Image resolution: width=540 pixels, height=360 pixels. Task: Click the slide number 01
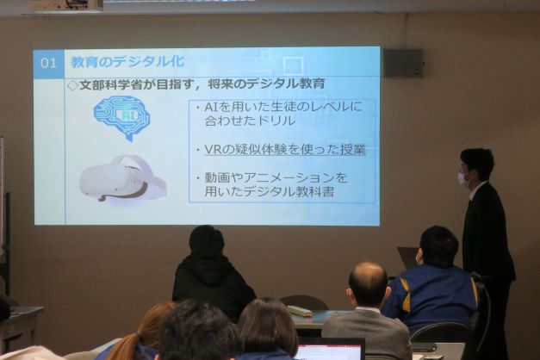[48, 63]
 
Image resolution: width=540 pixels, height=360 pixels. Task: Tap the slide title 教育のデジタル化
[127, 62]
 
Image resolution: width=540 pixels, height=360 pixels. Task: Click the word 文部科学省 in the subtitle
[110, 84]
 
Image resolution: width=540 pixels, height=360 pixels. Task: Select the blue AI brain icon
[122, 118]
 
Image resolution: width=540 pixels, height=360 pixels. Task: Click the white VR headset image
[123, 179]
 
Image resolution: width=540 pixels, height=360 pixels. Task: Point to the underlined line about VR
[284, 150]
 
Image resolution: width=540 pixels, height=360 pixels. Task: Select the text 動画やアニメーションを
[276, 177]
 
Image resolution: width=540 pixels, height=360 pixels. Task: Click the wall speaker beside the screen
[403, 63]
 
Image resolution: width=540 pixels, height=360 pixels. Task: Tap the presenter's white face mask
[462, 178]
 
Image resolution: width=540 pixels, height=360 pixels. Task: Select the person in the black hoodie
[212, 272]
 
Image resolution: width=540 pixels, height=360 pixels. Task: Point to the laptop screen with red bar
[331, 349]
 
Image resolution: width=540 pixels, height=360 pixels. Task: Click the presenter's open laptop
[408, 258]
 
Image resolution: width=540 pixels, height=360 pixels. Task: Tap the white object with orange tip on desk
[299, 311]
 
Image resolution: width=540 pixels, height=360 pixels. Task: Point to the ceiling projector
[65, 5]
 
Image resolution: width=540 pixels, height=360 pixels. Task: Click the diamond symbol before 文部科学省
[73, 85]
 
